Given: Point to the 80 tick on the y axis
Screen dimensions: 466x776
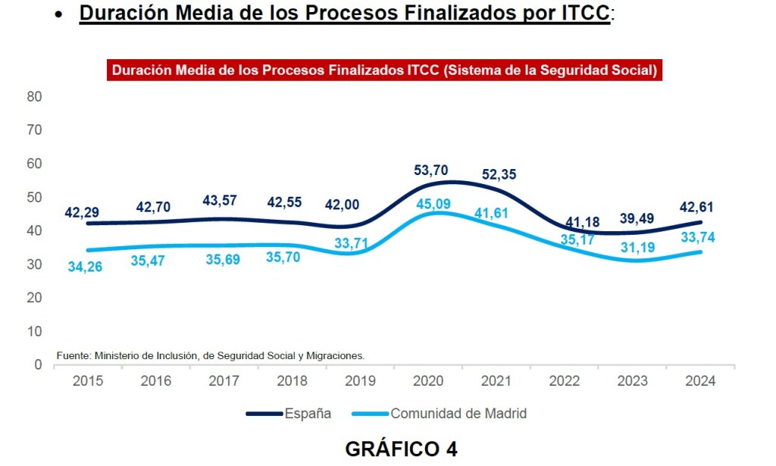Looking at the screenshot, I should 33,97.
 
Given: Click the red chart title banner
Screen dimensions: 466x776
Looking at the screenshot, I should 384,70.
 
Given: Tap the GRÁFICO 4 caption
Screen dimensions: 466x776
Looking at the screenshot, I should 401,449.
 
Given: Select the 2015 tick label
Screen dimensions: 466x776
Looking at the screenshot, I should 88,380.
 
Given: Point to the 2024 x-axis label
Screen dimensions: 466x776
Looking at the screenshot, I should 699,380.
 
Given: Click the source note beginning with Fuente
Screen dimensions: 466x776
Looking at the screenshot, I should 211,355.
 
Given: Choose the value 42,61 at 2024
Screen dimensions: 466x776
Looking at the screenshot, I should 696,207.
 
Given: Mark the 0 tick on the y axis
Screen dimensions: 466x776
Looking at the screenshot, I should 37,364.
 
